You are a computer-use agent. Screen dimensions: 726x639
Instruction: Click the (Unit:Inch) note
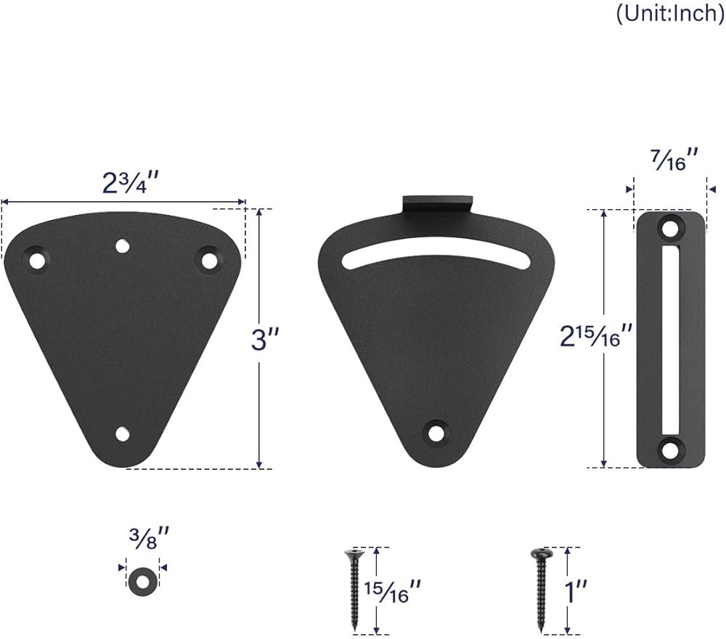coord(670,14)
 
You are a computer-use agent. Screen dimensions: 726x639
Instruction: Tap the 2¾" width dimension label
coord(131,183)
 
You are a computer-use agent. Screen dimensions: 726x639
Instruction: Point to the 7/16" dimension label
coord(674,160)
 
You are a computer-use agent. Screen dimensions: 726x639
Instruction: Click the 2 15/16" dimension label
coord(596,335)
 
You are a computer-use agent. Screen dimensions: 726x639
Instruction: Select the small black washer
coord(142,581)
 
